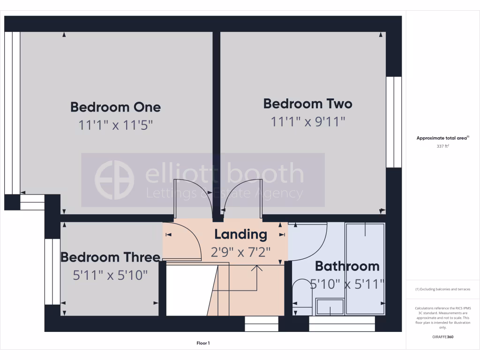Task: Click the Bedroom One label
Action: (115, 107)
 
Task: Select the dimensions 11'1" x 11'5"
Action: (115, 125)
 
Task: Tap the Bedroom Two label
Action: (307, 104)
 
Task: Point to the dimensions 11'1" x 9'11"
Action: (307, 122)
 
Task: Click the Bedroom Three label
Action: (110, 257)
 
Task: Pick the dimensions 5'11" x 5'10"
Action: (110, 275)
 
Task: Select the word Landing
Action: (240, 234)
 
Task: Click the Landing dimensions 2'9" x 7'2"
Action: (240, 252)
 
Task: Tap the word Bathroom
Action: (347, 266)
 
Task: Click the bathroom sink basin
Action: (330, 307)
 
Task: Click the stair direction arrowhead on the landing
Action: (256, 268)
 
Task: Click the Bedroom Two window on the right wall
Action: (394, 122)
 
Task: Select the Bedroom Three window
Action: (52, 271)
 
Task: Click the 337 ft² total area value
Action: (443, 146)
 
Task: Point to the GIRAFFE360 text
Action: (443, 337)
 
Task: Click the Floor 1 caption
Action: (203, 343)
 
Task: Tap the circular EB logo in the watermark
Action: (114, 180)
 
